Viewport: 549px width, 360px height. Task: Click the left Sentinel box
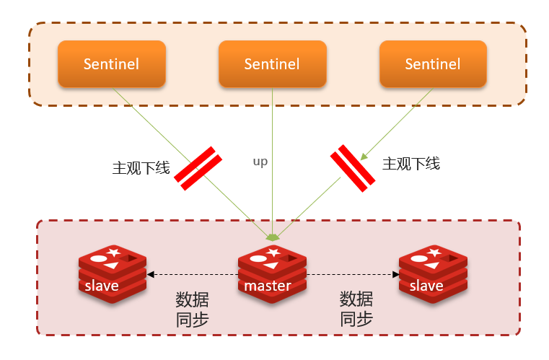click(111, 64)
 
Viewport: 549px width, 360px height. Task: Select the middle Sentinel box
click(272, 64)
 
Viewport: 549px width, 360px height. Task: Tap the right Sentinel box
click(433, 64)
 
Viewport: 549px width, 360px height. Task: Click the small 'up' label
click(260, 162)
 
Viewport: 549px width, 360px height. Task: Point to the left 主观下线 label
click(141, 168)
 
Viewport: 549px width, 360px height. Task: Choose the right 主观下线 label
click(410, 164)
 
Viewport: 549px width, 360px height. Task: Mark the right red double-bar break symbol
click(353, 167)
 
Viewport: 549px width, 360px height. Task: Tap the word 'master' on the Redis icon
click(268, 286)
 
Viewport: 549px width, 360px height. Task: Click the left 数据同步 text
click(192, 309)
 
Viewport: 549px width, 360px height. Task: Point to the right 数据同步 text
click(356, 309)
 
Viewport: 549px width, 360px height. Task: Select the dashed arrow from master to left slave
click(192, 274)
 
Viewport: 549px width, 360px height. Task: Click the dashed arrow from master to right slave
click(353, 274)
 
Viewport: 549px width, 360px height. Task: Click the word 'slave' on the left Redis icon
click(102, 286)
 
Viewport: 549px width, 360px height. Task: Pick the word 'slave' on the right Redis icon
click(426, 286)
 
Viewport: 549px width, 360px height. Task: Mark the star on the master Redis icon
click(273, 252)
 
